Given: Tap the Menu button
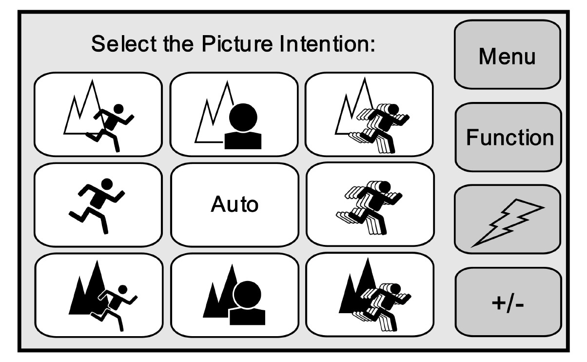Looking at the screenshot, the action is (x=508, y=54).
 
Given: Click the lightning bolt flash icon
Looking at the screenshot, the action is (x=508, y=223).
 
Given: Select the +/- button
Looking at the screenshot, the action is (x=508, y=302).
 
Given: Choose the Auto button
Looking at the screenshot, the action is (x=235, y=205).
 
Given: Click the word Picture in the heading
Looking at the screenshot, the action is (x=237, y=43).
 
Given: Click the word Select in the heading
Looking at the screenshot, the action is (x=124, y=43).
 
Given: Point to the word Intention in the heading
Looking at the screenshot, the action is (x=328, y=43).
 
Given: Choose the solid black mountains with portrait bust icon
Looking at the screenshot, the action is (x=234, y=295).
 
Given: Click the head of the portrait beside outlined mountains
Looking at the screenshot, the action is (x=243, y=117).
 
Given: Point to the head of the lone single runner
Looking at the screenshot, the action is (x=107, y=184).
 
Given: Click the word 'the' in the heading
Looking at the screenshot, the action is (x=178, y=43).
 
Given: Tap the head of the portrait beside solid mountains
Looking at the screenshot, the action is (x=247, y=294).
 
